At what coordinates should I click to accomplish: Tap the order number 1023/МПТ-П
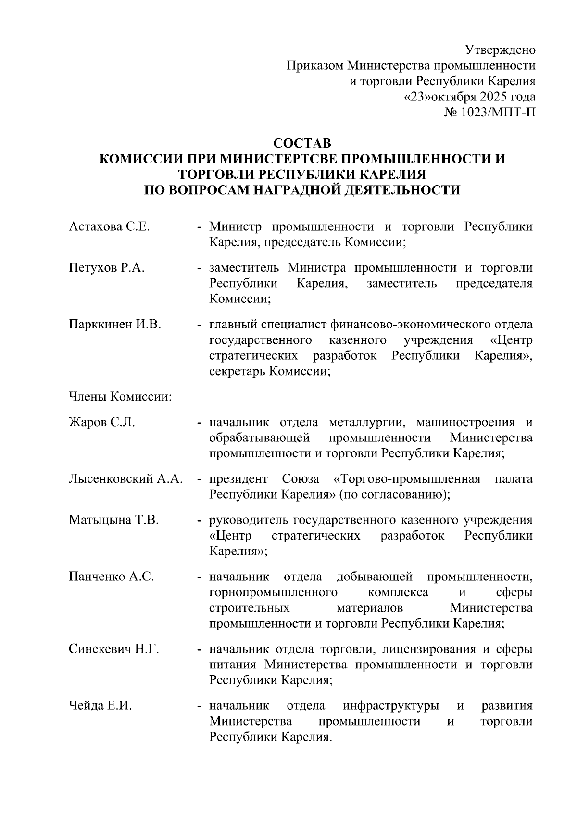498,112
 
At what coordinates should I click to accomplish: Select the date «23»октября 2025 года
469,97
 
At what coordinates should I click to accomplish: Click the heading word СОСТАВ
302,143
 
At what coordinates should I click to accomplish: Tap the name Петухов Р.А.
106,268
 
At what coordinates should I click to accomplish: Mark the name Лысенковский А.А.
125,479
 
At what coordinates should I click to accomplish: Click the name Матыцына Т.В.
113,520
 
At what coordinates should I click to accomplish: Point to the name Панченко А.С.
111,577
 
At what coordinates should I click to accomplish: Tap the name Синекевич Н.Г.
113,649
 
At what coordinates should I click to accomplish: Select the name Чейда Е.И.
100,706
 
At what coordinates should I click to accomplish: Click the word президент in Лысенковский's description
238,479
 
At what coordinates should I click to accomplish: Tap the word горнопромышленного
273,592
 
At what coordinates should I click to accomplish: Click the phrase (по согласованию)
395,494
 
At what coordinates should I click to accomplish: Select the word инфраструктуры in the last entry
390,706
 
